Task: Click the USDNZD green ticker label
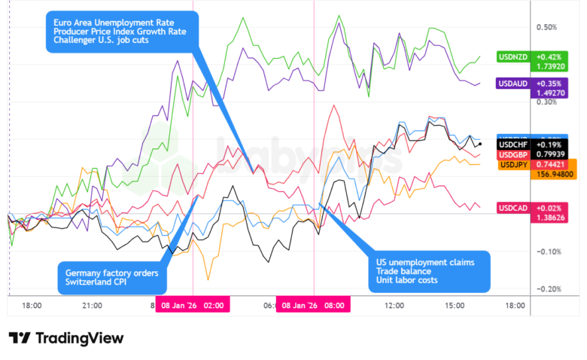click(512, 56)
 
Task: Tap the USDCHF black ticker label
click(515, 143)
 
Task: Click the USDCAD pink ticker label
click(513, 208)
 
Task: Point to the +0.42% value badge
click(549, 56)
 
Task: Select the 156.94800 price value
click(551, 175)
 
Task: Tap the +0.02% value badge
click(549, 208)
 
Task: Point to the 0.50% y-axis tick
click(547, 27)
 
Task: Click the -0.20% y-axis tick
click(547, 289)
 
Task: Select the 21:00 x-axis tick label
click(92, 306)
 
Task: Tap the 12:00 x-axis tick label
click(394, 306)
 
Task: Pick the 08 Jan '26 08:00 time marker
click(313, 306)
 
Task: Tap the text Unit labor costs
click(407, 280)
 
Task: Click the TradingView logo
click(66, 338)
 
